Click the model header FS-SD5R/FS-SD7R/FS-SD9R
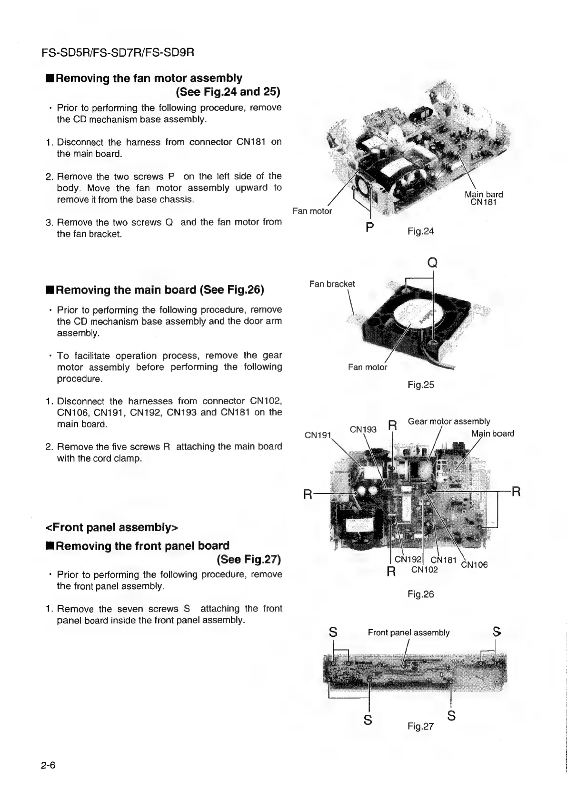coord(119,51)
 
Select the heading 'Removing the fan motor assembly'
coord(149,78)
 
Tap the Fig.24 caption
coord(421,231)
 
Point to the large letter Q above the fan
coord(432,263)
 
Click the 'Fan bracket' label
coord(332,284)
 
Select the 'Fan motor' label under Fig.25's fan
coord(368,367)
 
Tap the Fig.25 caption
coord(421,385)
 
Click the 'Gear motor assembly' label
coord(449,421)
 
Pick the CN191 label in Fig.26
coord(318,435)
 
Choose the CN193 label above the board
coord(363,429)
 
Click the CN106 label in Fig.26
coord(474,565)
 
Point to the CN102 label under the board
coord(424,570)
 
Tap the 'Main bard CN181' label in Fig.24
coord(484,198)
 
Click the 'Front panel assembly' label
coord(408,633)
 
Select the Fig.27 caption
coord(421,726)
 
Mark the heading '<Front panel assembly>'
coord(111,527)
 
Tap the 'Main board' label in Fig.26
coord(493,434)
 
